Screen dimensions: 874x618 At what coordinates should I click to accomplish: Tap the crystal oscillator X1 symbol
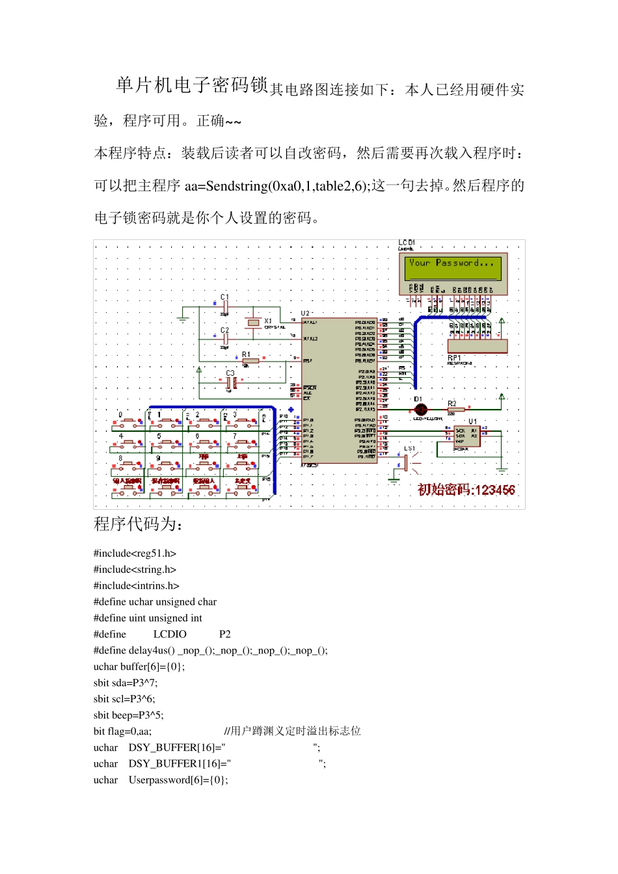[253, 323]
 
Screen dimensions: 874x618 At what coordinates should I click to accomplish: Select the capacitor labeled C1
[224, 306]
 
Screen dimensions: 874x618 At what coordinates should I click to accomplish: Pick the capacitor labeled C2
[224, 339]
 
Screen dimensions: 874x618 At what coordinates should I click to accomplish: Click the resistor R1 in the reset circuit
[250, 360]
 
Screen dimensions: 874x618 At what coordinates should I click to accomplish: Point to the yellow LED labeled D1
[421, 409]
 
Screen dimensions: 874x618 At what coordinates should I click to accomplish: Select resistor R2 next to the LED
[455, 410]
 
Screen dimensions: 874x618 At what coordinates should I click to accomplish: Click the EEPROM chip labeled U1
[466, 436]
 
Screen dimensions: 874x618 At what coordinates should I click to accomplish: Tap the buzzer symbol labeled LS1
[407, 462]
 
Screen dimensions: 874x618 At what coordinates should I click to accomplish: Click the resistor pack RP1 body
[477, 347]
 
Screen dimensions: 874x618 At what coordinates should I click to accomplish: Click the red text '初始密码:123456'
[466, 490]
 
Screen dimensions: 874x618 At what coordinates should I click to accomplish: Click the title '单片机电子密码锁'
[192, 85]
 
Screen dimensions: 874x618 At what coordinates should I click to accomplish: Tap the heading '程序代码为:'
[138, 524]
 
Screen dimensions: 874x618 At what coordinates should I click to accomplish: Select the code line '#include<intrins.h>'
[136, 585]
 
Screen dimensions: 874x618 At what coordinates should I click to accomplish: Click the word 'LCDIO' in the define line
[170, 634]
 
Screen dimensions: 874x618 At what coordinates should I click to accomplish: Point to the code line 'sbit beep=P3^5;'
[128, 715]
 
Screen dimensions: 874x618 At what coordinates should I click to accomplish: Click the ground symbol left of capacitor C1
[183, 317]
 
